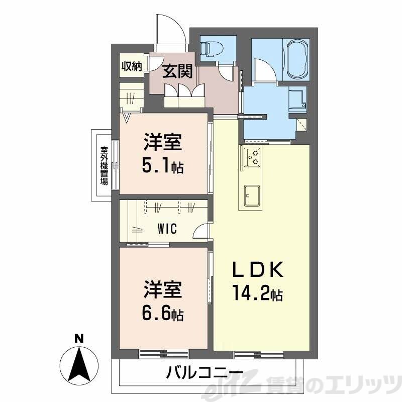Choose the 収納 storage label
click(x=132, y=66)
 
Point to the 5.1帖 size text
click(x=162, y=166)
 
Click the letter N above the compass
click(x=78, y=339)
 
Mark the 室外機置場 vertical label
click(x=104, y=165)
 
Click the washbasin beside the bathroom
click(x=298, y=98)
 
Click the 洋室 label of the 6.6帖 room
click(x=162, y=291)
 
